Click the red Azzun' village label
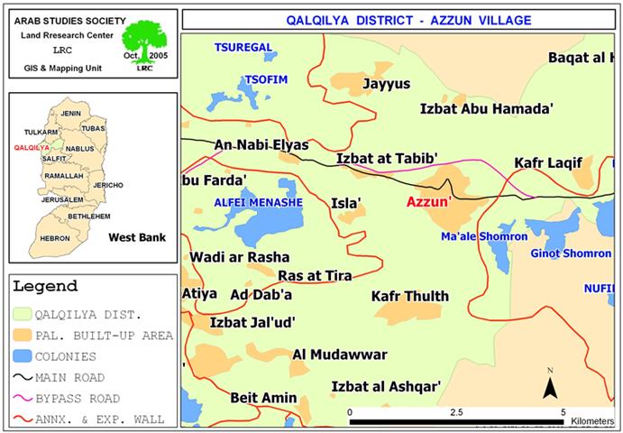tap(428, 203)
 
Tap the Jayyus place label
tap(386, 84)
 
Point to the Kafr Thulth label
tap(409, 296)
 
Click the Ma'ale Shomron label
tap(484, 236)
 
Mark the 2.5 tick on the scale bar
tap(457, 410)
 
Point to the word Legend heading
tap(46, 286)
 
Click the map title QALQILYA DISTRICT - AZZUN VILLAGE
tap(401, 19)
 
